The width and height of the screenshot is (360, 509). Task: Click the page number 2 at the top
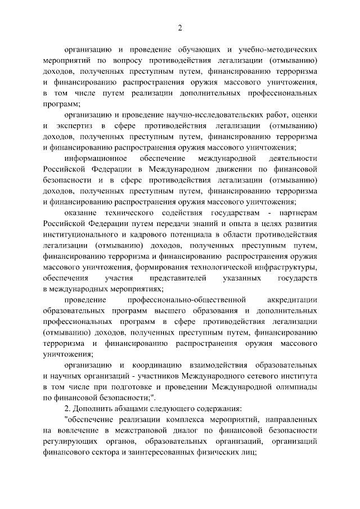180,28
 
